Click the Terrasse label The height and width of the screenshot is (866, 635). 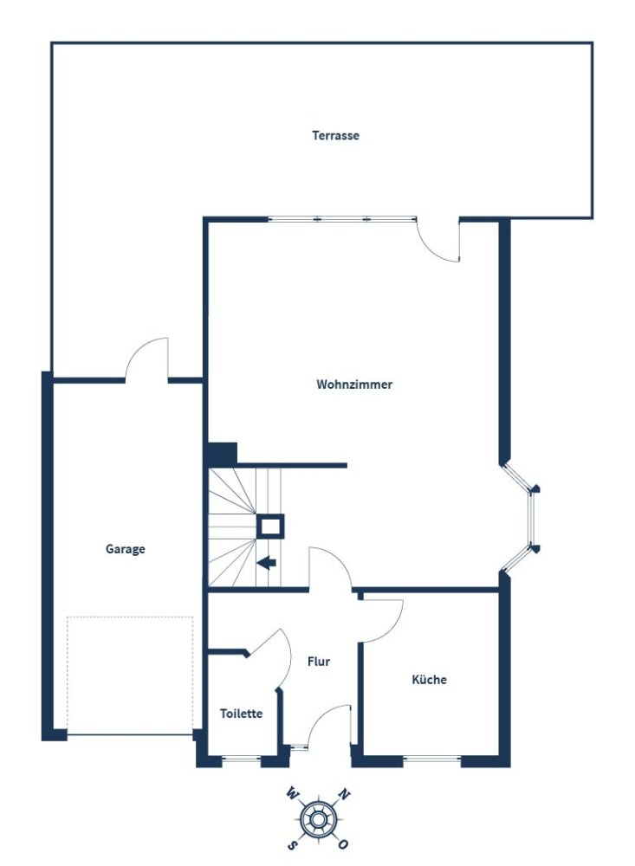pos(335,136)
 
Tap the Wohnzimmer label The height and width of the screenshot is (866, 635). pos(354,385)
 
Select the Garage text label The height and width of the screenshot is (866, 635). pos(126,549)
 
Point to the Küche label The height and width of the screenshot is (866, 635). pos(429,680)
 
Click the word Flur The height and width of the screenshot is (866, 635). pos(319,662)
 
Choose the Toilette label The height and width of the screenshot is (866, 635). pos(241,714)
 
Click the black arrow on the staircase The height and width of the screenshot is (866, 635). pos(267,564)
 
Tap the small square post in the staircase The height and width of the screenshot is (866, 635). pos(270,526)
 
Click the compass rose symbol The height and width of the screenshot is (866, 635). pos(318,818)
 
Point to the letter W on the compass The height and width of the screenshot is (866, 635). pos(293,793)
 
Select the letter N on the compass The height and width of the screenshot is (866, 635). pos(344,793)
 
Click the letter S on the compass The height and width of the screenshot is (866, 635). pos(293,843)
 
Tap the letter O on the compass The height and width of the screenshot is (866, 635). pos(344,843)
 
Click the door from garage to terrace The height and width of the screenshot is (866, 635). pos(148,359)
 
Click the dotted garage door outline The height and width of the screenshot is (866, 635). pos(130,675)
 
